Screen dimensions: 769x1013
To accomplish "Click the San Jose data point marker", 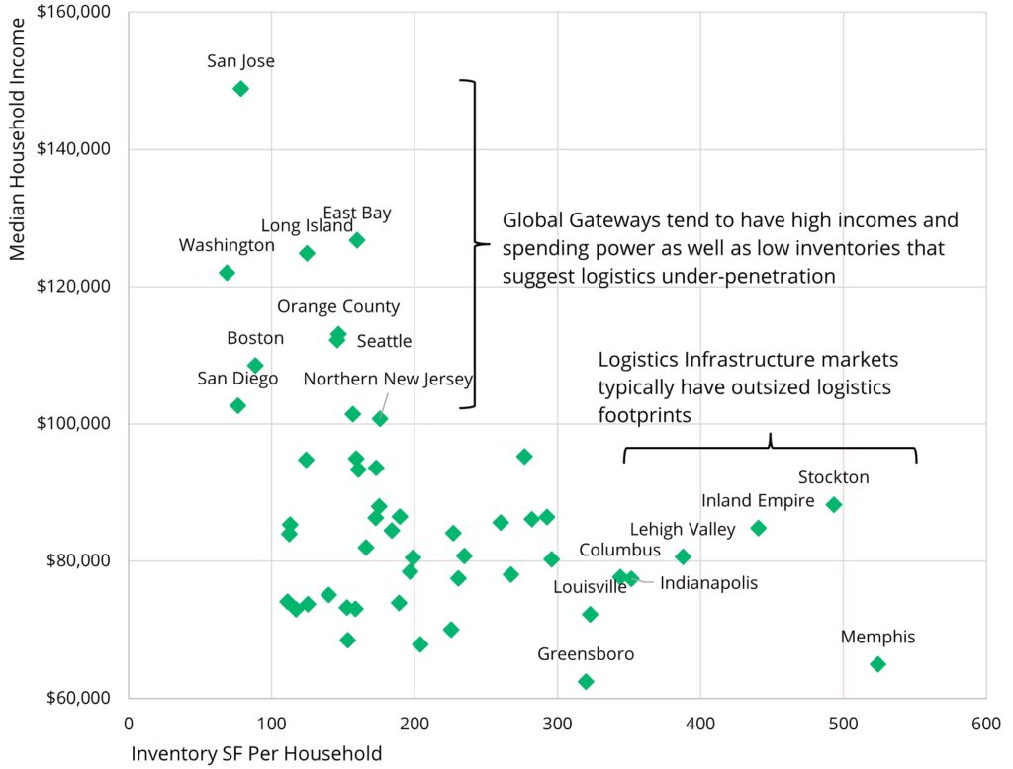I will (x=240, y=89).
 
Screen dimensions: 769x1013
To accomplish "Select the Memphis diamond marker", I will (x=877, y=664).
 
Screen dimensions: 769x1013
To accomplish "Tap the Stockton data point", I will (x=834, y=504).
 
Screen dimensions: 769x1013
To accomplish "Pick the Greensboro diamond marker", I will (x=586, y=681).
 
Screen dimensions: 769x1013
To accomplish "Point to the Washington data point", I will (x=227, y=273).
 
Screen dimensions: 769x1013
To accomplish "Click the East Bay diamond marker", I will (x=357, y=240).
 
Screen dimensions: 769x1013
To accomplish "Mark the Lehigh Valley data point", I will (x=683, y=556).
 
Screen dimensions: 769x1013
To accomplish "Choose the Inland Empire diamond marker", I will (x=759, y=528).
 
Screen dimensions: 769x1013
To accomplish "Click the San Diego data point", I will (x=237, y=405).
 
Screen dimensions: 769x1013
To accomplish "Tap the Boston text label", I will (x=255, y=338).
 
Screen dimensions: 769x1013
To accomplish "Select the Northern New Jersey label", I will (x=388, y=379).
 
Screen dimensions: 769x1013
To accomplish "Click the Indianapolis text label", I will (x=708, y=583).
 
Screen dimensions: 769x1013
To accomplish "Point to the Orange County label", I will (x=338, y=307).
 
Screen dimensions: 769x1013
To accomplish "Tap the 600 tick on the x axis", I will (x=985, y=724).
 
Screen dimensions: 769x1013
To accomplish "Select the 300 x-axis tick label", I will (x=557, y=724).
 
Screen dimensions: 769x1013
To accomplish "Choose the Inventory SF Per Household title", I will (x=256, y=755).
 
